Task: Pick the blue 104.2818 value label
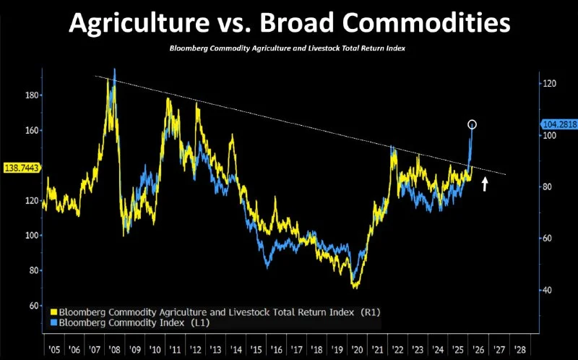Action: pyautogui.click(x=558, y=124)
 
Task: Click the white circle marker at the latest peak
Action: pyautogui.click(x=473, y=124)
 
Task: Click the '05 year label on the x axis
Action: pyautogui.click(x=53, y=348)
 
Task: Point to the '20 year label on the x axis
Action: pyautogui.click(x=355, y=348)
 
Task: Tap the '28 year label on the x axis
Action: pyautogui.click(x=519, y=348)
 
